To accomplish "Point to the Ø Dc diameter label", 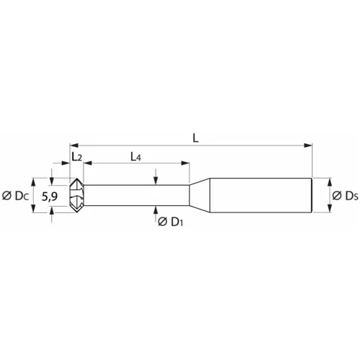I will tap(15, 195).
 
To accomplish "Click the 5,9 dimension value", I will tap(50, 195).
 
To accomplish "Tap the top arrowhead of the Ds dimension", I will tap(330, 181).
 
